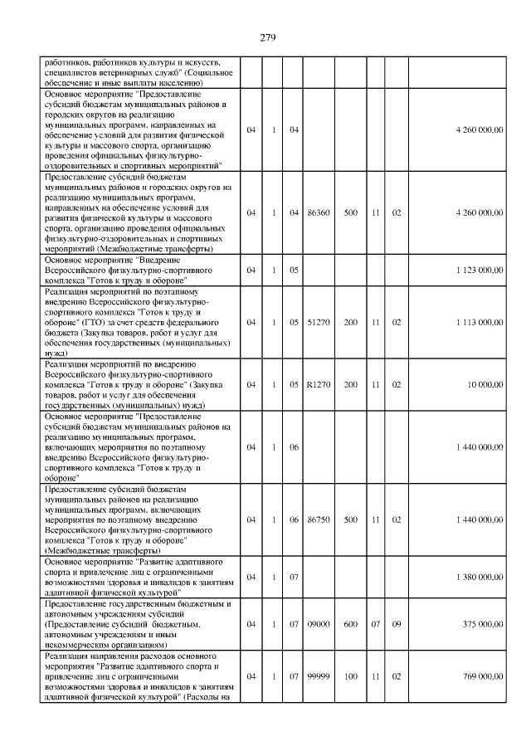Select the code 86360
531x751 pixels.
tap(318, 213)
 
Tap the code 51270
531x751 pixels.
tap(318, 321)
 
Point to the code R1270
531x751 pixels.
tap(318, 384)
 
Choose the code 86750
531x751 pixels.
tap(318, 519)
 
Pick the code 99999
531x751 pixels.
tap(318, 676)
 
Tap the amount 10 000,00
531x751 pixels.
tap(485, 384)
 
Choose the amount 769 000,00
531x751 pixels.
tap(482, 676)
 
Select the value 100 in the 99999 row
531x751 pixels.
tap(350, 676)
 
